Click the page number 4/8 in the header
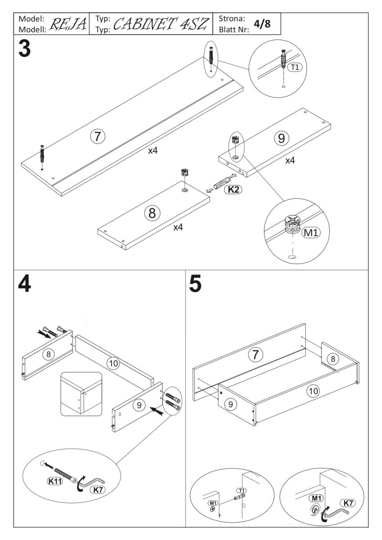coord(262,23)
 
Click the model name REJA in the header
coord(66,23)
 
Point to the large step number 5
coord(196,284)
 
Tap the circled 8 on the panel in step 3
coord(152,213)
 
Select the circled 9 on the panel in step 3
coord(281,138)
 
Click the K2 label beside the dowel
coord(233,190)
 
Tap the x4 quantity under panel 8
coord(179,227)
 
